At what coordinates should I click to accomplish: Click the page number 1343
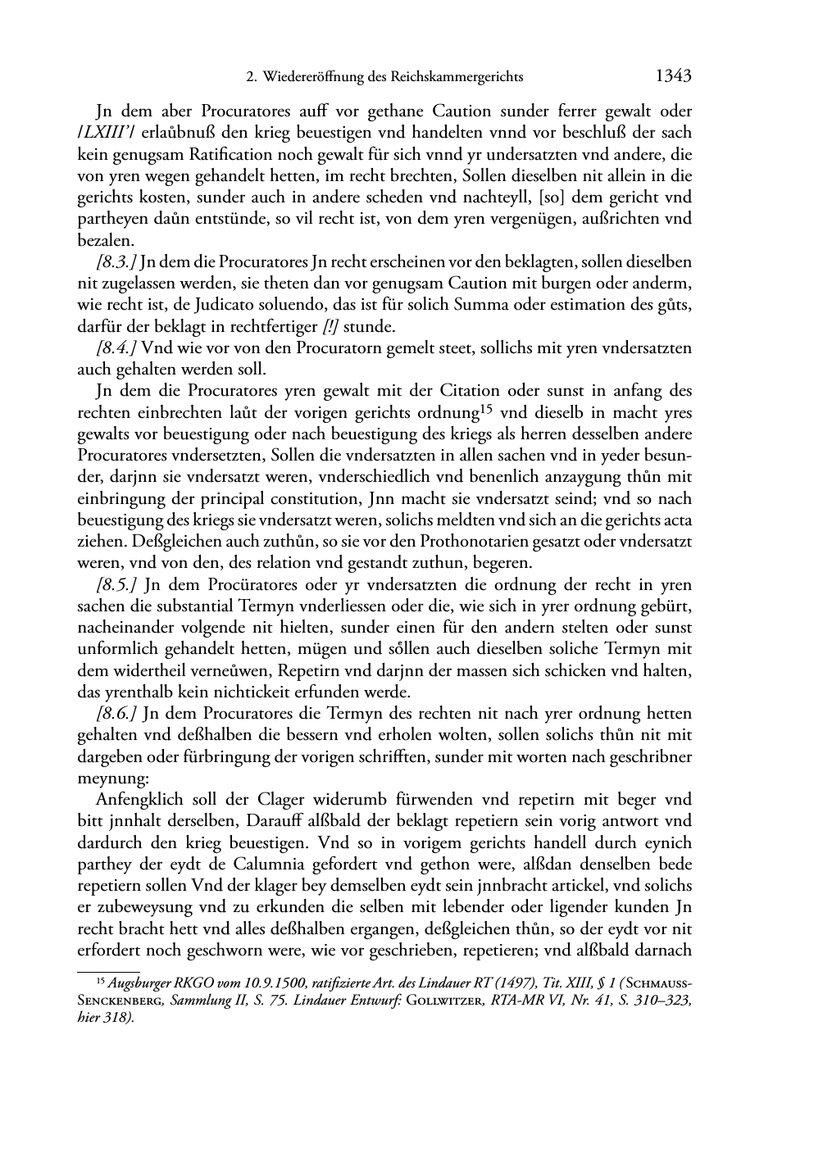(673, 76)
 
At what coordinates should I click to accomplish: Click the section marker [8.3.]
(117, 262)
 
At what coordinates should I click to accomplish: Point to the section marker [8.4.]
(117, 347)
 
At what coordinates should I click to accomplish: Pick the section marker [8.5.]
(117, 585)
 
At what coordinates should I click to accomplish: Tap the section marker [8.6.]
(117, 714)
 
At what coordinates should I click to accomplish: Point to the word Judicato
(193, 306)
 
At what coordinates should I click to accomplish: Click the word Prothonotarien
(473, 542)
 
